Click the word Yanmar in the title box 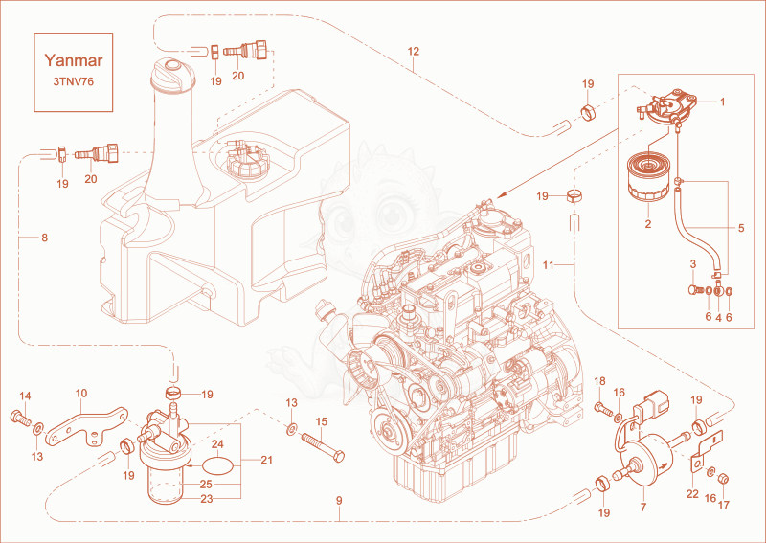click(74, 60)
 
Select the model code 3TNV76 click(74, 81)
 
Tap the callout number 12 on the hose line click(414, 52)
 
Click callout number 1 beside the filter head click(723, 102)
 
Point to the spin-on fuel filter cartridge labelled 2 click(648, 177)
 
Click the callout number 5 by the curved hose click(741, 228)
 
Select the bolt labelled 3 click(696, 290)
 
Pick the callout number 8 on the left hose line click(44, 238)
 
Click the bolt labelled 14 click(20, 418)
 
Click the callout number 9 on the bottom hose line click(339, 501)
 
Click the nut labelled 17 click(725, 478)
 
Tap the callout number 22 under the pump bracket click(692, 494)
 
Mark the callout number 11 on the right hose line click(549, 265)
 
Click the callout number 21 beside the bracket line click(266, 460)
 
